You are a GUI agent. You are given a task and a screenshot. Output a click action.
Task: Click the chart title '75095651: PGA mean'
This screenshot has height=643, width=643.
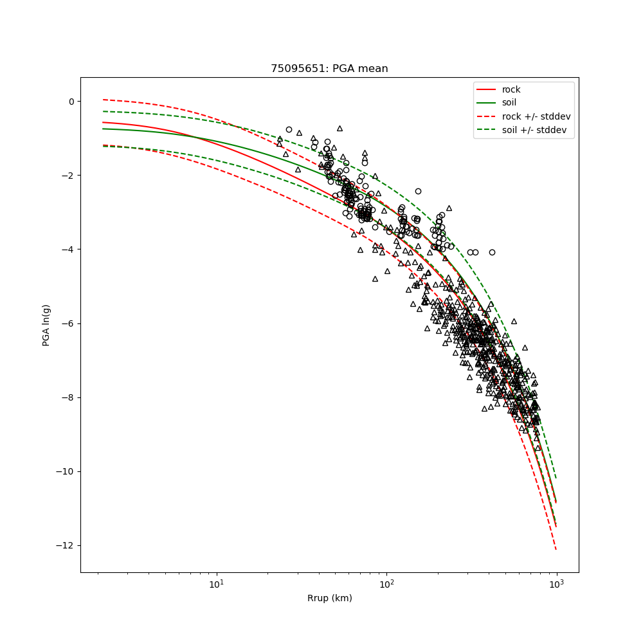329,69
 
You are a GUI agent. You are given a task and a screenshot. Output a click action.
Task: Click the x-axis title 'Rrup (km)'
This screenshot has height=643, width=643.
329,598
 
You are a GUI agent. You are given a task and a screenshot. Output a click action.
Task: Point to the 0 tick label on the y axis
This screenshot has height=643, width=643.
71,102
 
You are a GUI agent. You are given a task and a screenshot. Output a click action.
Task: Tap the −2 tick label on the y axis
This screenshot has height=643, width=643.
68,176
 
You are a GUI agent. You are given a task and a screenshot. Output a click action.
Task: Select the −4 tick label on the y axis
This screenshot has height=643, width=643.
68,249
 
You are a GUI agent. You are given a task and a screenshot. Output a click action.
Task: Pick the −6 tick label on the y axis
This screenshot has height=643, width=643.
68,323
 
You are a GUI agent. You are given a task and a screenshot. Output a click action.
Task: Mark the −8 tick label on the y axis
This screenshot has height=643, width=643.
68,397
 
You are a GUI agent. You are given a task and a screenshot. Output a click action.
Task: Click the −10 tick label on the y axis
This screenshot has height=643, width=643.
66,471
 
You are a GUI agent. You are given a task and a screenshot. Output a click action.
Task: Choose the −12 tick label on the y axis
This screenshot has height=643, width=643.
66,545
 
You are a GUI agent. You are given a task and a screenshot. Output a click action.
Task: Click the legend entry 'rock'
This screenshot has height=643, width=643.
511,89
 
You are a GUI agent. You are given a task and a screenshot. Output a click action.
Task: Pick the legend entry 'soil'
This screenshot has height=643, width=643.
509,102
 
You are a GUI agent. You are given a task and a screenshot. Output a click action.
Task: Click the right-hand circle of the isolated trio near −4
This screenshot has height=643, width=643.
492,253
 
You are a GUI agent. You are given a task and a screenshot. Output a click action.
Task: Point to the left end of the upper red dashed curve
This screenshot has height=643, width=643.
104,100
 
